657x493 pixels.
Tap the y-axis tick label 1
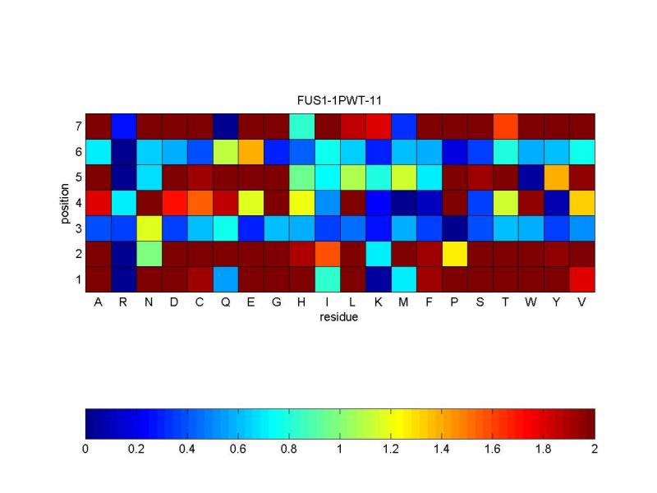point(77,279)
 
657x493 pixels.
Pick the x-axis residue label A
point(98,302)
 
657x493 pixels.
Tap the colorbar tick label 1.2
point(391,449)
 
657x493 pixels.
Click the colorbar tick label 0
point(85,449)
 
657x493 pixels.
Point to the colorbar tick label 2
point(595,449)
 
